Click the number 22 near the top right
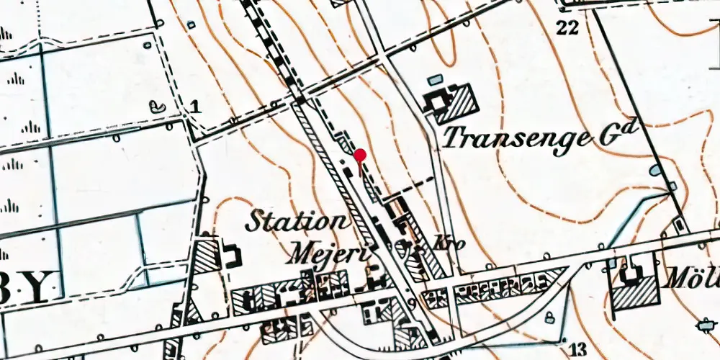click(567, 27)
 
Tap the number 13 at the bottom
click(577, 350)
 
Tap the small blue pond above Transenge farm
click(434, 80)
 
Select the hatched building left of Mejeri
click(209, 253)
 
